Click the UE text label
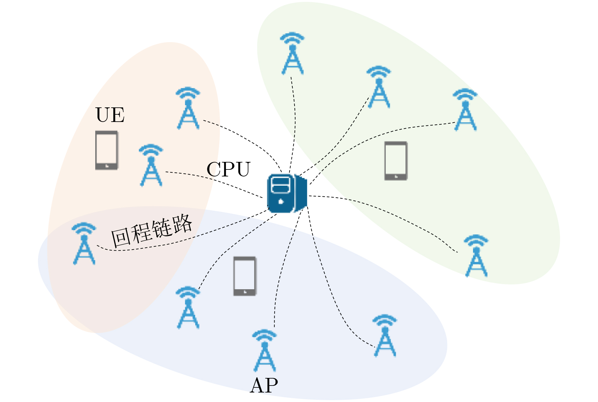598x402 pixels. coord(110,115)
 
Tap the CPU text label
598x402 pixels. coord(228,169)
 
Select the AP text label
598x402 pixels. coord(264,386)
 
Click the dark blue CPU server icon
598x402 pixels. coord(287,193)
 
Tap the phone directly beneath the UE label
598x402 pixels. coord(107,150)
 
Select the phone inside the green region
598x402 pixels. coord(396,161)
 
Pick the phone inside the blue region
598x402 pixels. coord(245,276)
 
